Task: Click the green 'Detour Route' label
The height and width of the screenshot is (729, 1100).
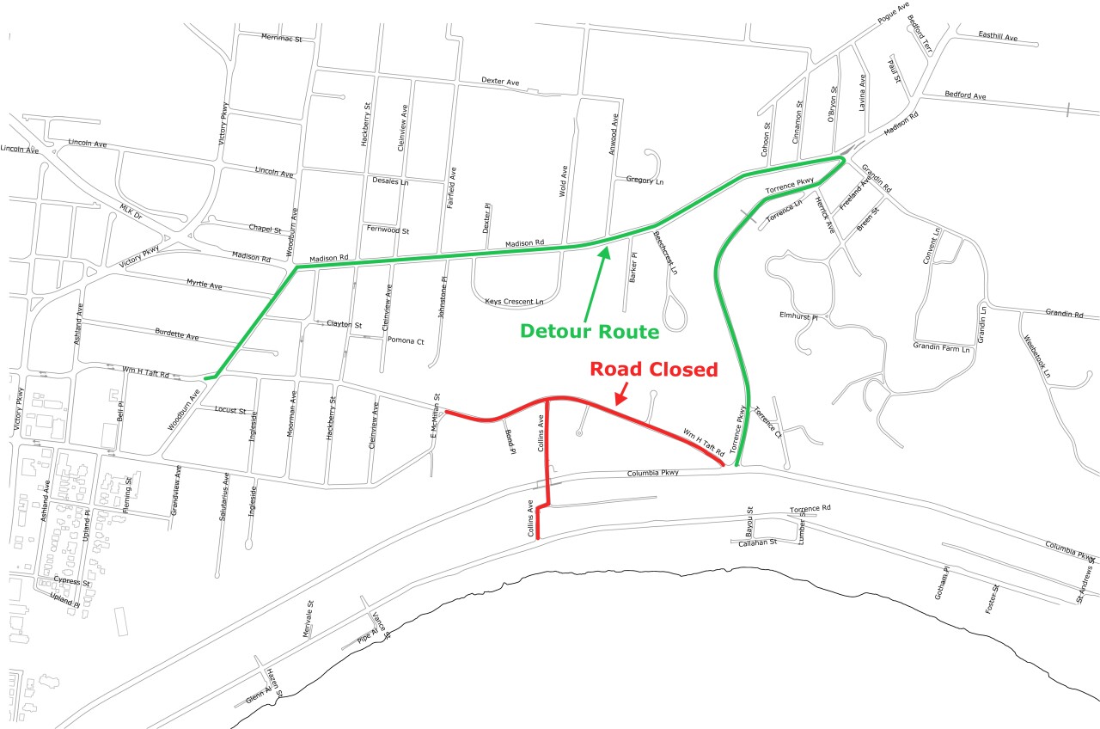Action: (590, 331)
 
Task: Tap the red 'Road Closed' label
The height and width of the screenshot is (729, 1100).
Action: (652, 370)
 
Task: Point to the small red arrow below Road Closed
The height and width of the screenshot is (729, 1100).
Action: (621, 394)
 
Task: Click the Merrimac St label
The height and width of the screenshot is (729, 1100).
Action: (282, 39)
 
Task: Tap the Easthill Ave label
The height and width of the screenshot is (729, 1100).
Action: (998, 37)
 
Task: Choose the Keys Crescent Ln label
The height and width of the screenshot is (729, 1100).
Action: (514, 302)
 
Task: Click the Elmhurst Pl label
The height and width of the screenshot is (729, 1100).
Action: (797, 315)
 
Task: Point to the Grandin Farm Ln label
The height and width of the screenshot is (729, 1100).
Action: (941, 348)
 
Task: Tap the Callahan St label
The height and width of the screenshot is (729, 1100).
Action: (757, 542)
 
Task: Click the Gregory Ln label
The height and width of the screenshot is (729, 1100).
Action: (645, 181)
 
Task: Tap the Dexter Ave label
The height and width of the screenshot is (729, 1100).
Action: (500, 81)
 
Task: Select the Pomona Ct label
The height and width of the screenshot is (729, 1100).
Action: (406, 340)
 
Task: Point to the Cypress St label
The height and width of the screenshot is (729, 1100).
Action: (71, 582)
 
